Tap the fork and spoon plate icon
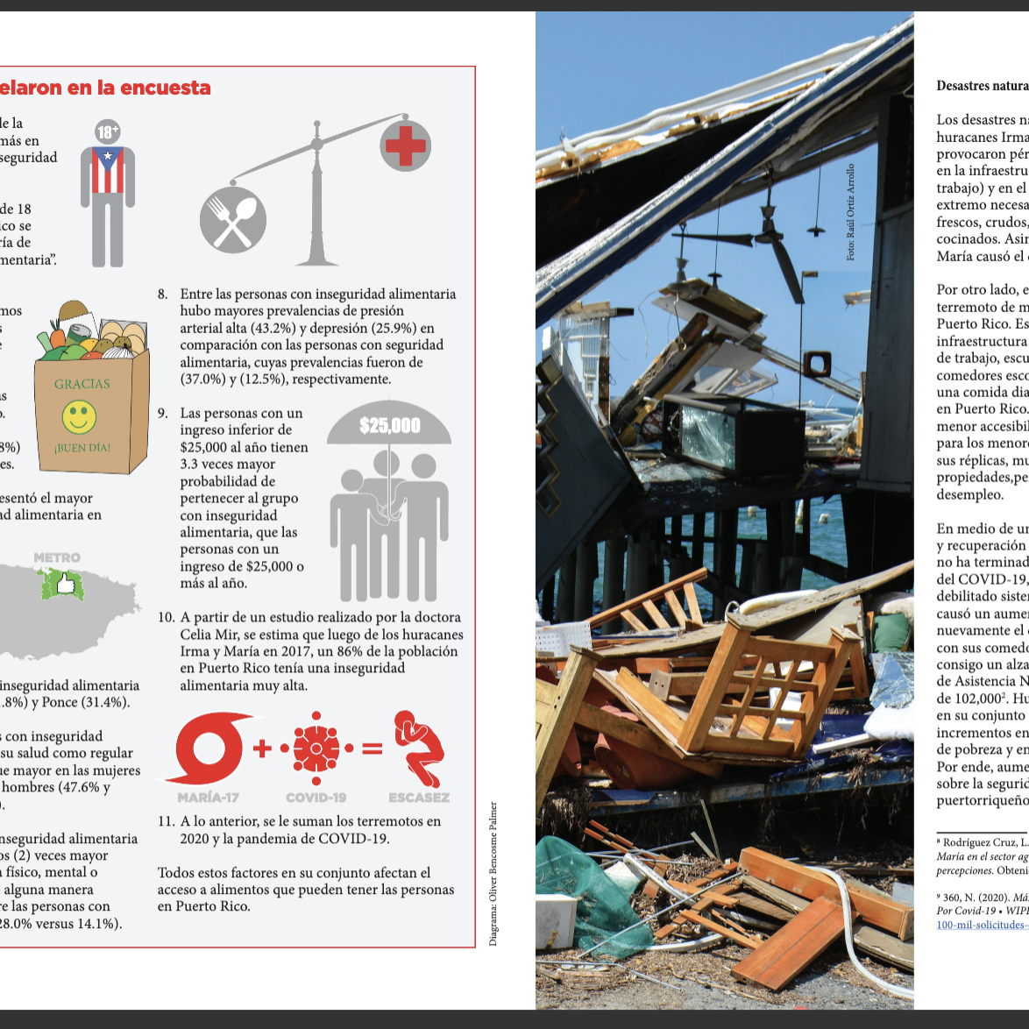232,220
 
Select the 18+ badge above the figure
108,132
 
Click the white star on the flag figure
109,158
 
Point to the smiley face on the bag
79,416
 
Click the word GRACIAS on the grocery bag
82,384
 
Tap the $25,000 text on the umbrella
390,426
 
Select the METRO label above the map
57,557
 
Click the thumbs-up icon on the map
62,582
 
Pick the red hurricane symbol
208,749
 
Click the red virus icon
316,749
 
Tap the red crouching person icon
419,749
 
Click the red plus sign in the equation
261,749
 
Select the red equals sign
373,749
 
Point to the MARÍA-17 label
208,798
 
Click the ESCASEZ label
419,798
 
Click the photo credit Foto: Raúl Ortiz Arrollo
850,212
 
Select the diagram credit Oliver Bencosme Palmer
493,874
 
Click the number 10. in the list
167,617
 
